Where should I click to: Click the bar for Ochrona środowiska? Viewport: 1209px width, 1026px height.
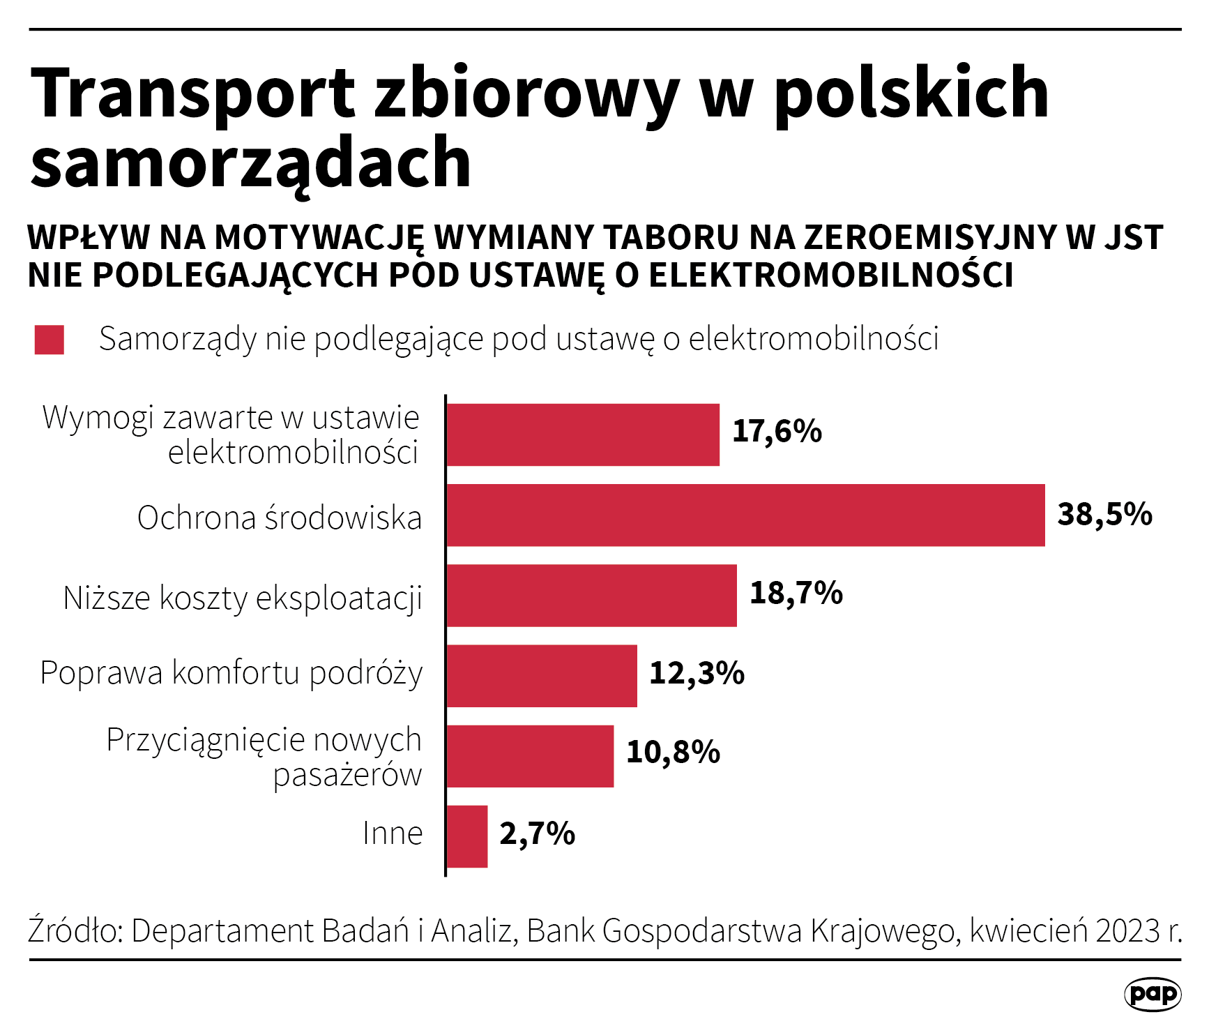(745, 515)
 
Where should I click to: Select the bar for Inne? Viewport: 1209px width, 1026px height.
(467, 836)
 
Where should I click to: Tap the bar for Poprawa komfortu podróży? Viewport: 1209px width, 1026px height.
(542, 676)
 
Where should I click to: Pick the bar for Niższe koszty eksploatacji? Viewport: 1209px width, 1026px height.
(591, 596)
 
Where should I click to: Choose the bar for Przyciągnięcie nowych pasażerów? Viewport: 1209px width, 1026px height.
(530, 756)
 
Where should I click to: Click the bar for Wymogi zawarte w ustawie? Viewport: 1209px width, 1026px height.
(583, 435)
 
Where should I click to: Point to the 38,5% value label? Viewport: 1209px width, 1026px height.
(1104, 515)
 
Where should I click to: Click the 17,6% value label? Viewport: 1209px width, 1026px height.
(777, 432)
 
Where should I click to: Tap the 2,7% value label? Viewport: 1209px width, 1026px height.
(537, 833)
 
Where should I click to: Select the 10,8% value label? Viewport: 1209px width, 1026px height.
(673, 753)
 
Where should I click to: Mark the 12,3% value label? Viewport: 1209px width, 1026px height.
(697, 674)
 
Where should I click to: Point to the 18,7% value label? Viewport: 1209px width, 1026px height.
(796, 594)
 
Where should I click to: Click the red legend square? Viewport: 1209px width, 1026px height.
(50, 340)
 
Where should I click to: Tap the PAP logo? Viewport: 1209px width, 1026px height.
(1153, 994)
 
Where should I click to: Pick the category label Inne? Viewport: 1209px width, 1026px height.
(393, 833)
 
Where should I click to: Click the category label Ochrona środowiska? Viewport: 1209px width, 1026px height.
(280, 518)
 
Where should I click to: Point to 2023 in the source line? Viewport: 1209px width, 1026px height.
(1127, 930)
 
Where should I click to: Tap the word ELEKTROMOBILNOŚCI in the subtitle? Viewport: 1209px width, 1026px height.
(831, 276)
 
